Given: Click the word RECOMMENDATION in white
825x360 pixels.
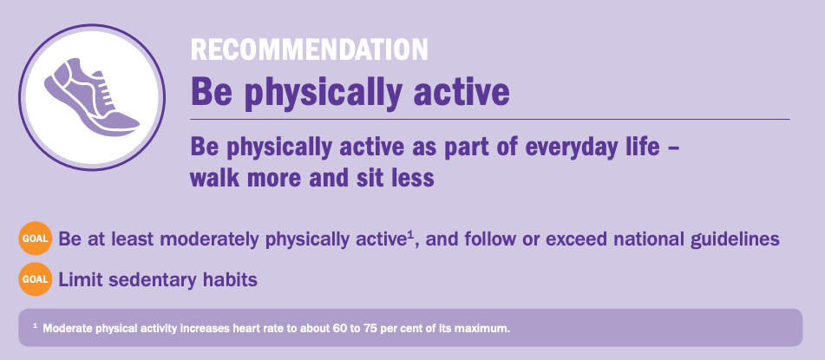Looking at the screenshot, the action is (310, 49).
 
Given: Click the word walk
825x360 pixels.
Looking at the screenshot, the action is (213, 177).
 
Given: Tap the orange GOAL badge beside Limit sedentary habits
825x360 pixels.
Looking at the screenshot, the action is (36, 279).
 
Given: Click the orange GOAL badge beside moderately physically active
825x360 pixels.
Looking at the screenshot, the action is (36, 239).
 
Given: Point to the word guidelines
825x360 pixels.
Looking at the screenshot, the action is (734, 239).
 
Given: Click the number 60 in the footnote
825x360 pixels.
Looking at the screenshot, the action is (340, 329).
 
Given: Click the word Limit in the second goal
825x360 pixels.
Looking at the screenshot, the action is (76, 280).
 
